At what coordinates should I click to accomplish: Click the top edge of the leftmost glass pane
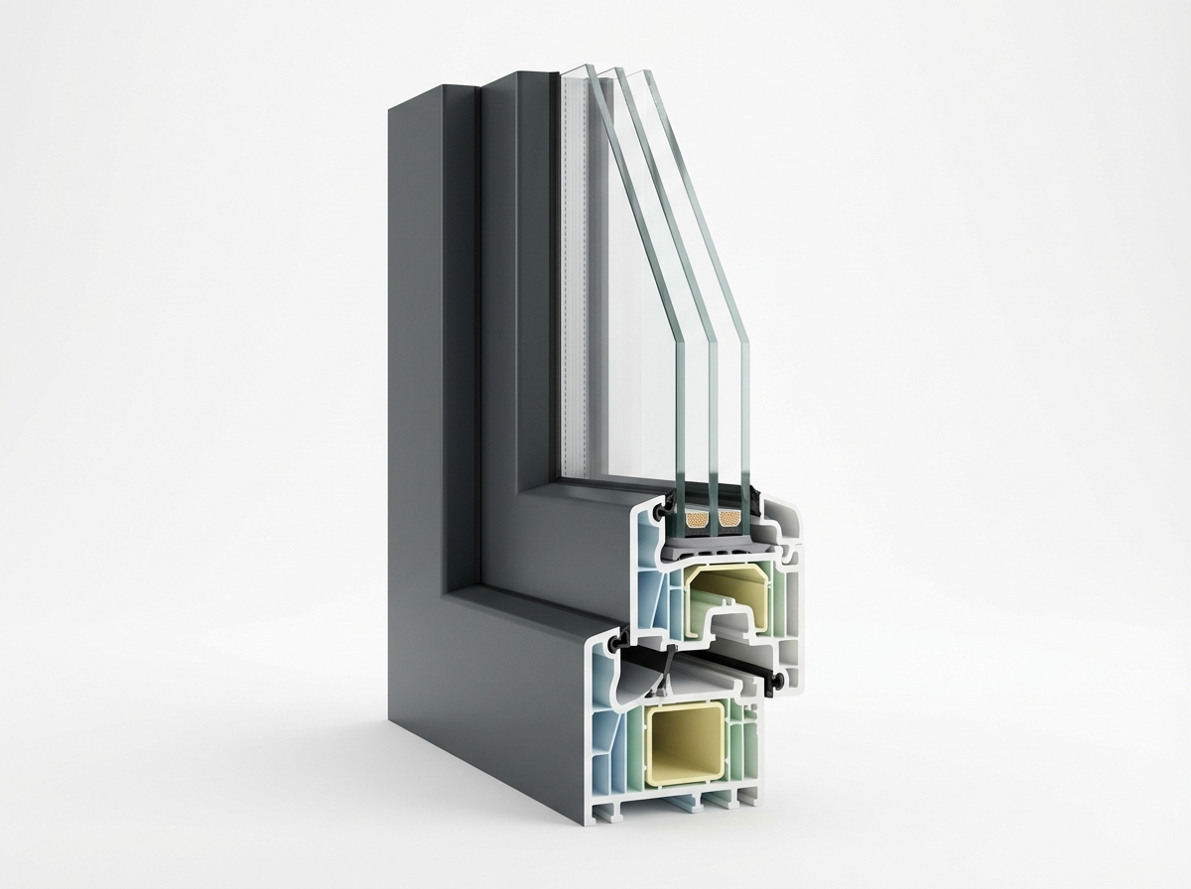[x=579, y=70]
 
